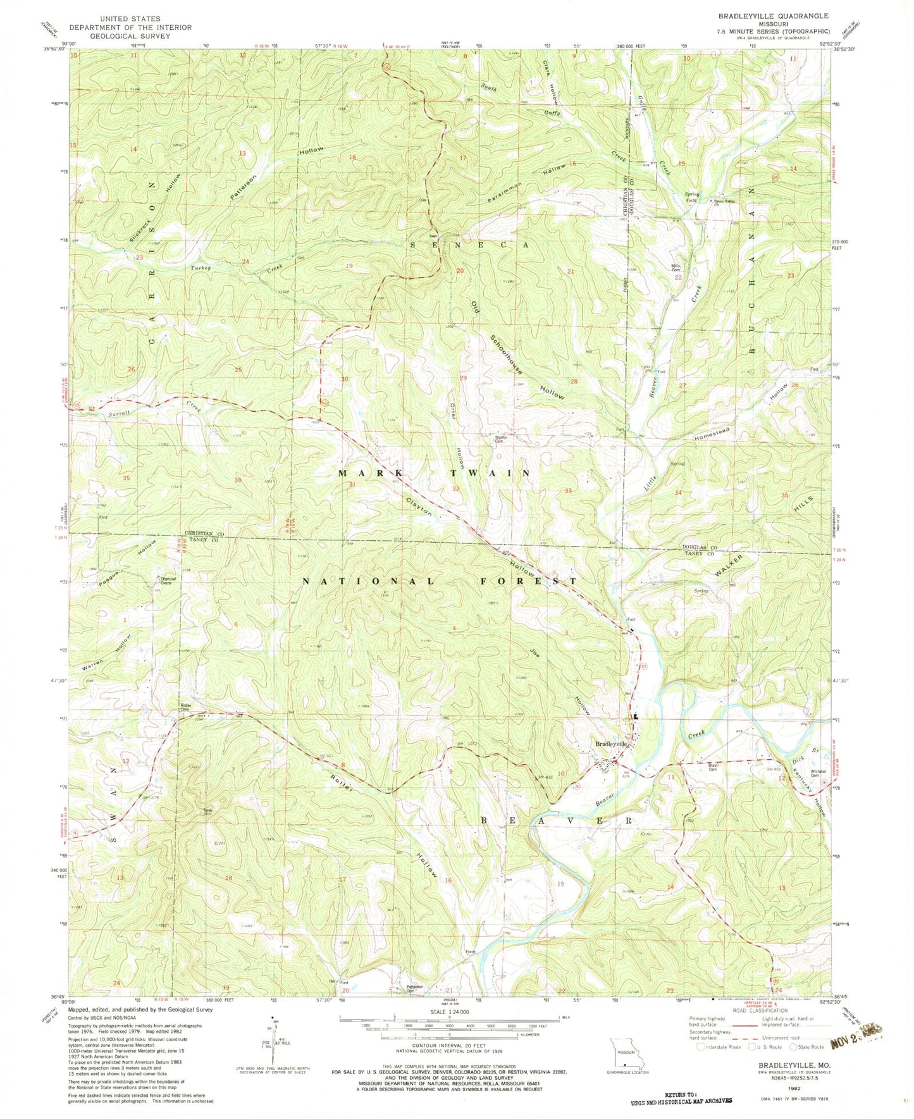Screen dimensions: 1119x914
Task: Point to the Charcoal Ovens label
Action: (x=168, y=581)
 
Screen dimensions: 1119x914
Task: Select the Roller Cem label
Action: (x=186, y=707)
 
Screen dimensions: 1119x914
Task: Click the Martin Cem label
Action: (x=503, y=436)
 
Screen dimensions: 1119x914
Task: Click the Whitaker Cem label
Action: (x=801, y=775)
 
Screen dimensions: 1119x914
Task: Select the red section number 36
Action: (x=238, y=480)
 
